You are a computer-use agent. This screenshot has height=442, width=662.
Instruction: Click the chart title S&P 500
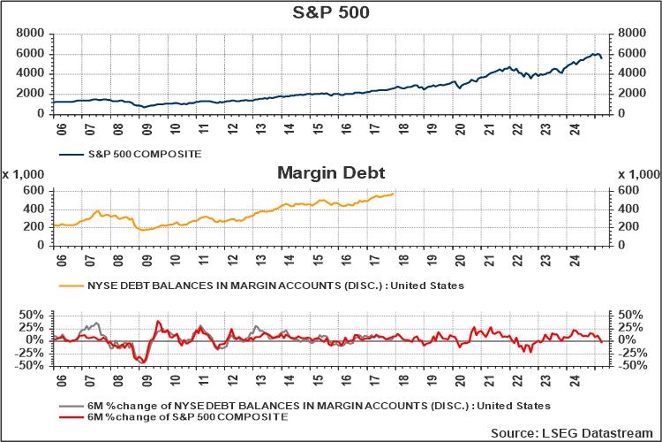pos(331,12)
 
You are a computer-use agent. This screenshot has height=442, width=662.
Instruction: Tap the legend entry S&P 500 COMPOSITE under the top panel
pos(142,154)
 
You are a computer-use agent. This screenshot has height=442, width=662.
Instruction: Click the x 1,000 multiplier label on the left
pos(24,173)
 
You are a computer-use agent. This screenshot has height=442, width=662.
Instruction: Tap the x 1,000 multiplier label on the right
pos(637,173)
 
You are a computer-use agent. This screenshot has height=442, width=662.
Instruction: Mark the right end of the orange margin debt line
pos(394,194)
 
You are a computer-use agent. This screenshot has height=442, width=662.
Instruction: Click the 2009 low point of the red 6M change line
pos(143,362)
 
